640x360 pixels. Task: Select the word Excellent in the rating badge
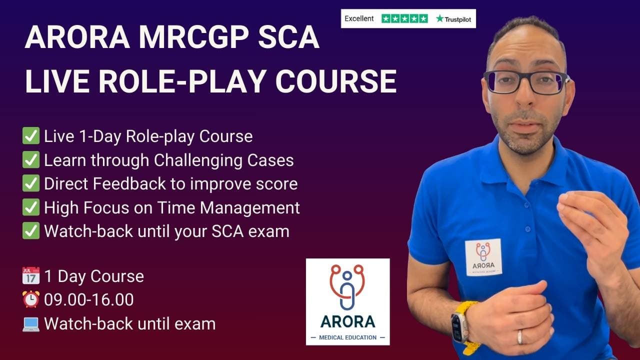pyautogui.click(x=359, y=19)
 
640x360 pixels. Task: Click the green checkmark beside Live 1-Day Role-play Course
pyautogui.click(x=31, y=136)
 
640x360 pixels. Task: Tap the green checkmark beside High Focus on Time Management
pyautogui.click(x=31, y=207)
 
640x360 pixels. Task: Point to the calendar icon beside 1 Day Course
pyautogui.click(x=31, y=276)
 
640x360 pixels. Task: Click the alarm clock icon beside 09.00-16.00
pyautogui.click(x=31, y=300)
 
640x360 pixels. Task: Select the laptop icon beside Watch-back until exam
pyautogui.click(x=31, y=324)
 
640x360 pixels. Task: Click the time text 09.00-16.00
pyautogui.click(x=89, y=300)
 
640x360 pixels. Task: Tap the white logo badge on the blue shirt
pyautogui.click(x=483, y=257)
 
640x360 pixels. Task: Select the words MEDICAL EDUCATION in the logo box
pyautogui.click(x=347, y=337)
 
